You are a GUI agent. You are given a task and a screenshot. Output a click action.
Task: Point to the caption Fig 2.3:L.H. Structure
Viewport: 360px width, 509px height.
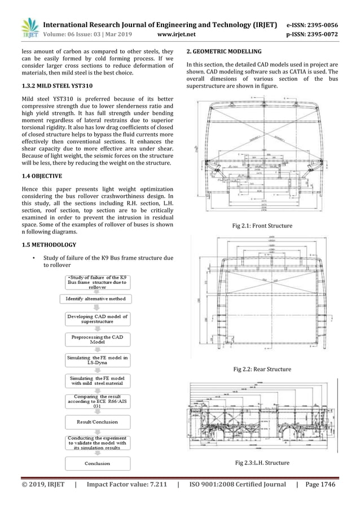[x=262, y=463]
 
